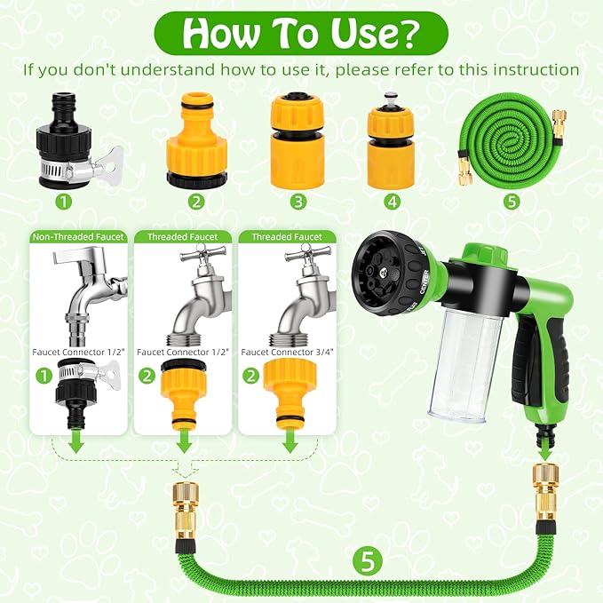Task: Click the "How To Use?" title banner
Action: point(301,34)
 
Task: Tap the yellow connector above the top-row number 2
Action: point(195,141)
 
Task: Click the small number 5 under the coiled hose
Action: point(511,202)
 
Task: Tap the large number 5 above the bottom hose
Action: point(366,560)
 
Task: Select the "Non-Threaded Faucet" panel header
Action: point(77,237)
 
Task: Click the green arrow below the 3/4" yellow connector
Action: point(287,442)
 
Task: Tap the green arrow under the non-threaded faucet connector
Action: point(77,442)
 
